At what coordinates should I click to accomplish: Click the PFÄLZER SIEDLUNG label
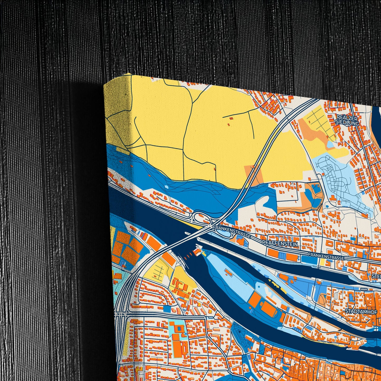click(347, 120)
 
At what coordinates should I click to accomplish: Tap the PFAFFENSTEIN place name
click(280, 244)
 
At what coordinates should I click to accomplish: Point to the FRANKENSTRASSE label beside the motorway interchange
click(232, 232)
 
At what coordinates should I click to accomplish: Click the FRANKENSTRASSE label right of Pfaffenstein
click(326, 256)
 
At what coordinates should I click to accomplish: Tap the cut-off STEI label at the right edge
click(376, 276)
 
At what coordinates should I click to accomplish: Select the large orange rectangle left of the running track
click(255, 299)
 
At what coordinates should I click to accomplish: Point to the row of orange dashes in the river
click(187, 254)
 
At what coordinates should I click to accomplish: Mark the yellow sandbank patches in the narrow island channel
click(274, 284)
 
